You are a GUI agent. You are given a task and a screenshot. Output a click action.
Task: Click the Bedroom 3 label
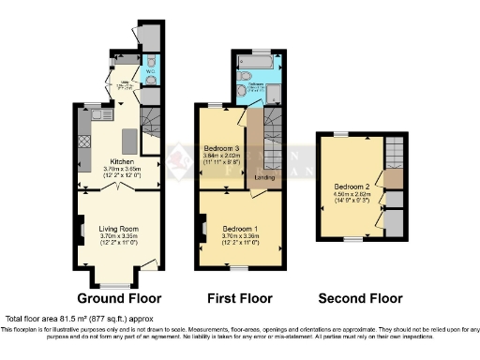pos(221,150)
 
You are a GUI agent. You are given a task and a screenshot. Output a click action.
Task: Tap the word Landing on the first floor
pos(264,177)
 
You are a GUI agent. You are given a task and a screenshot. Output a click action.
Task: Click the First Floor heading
pos(239,299)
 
